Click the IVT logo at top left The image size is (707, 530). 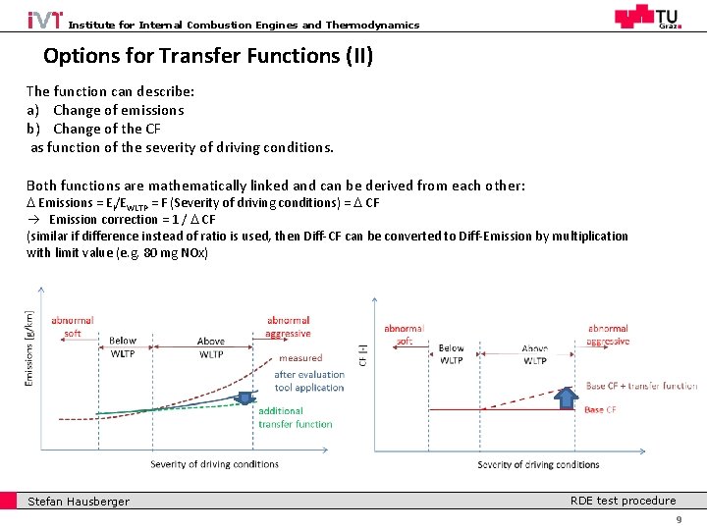(44, 20)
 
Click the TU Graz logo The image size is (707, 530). (646, 18)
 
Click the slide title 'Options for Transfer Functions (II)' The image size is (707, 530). (208, 56)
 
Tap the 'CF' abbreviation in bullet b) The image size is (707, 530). (152, 129)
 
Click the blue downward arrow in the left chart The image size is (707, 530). (245, 397)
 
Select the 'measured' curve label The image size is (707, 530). (299, 358)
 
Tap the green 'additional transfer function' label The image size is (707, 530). (295, 417)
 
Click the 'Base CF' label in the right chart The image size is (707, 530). (600, 409)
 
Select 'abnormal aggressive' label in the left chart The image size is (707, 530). (288, 327)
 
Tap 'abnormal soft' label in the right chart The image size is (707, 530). (404, 335)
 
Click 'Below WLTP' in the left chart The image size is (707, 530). (123, 347)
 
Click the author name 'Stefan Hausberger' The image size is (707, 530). (78, 502)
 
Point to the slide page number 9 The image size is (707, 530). (678, 519)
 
